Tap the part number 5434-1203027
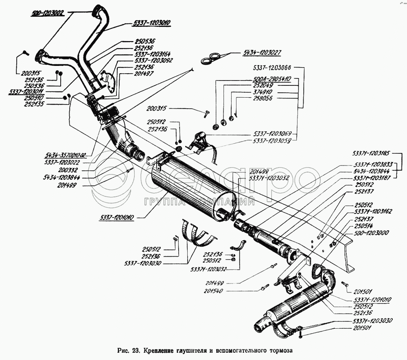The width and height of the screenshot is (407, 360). pyautogui.click(x=263, y=52)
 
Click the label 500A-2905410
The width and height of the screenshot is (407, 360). pyautogui.click(x=271, y=80)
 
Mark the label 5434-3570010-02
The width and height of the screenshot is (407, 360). pyautogui.click(x=66, y=155)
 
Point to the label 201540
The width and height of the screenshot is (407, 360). pyautogui.click(x=215, y=291)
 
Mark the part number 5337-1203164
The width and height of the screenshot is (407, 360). pyautogui.click(x=153, y=54)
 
